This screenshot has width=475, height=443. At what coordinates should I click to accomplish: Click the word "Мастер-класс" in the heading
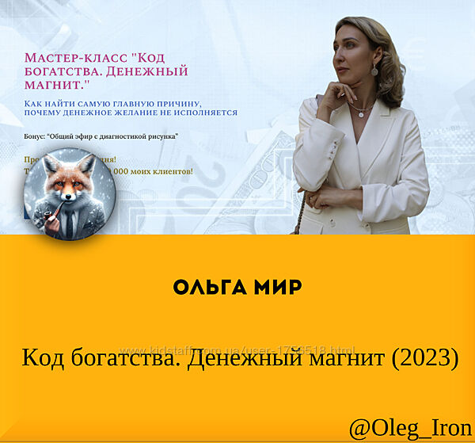tap(74, 59)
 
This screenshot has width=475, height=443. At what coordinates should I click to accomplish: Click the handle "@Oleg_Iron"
tap(410, 427)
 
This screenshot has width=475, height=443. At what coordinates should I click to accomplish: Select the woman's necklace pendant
tap(361, 113)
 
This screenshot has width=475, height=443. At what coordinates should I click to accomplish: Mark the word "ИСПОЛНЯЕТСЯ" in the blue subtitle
tap(206, 113)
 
